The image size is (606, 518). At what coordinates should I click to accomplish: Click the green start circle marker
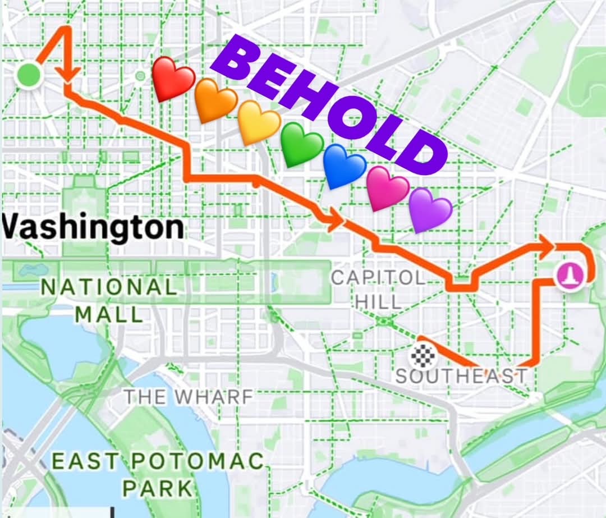click(28, 75)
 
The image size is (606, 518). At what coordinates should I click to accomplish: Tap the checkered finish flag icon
click(421, 353)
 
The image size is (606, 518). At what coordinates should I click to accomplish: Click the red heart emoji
click(173, 78)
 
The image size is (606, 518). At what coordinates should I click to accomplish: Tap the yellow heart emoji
click(259, 122)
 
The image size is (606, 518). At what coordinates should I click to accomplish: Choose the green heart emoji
click(302, 144)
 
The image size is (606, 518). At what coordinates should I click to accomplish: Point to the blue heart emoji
click(345, 166)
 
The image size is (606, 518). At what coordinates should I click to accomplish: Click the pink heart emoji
click(388, 188)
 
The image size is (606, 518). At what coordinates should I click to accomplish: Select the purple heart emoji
click(430, 209)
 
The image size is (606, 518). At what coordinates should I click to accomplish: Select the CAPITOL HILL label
click(378, 289)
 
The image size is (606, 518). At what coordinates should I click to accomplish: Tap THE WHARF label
click(189, 397)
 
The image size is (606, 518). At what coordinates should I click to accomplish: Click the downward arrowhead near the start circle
click(70, 74)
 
